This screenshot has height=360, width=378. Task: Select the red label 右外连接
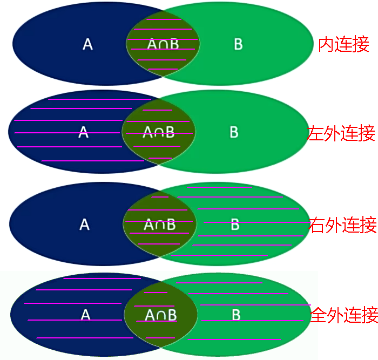(342, 225)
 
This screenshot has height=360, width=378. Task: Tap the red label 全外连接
(344, 315)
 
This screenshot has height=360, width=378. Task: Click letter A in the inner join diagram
(87, 44)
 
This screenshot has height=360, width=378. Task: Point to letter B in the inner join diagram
(238, 44)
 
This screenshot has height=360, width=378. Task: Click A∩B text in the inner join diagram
(163, 44)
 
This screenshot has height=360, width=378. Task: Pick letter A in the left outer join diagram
(83, 132)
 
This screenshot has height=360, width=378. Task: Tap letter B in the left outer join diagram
(234, 132)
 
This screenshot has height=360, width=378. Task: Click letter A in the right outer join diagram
(84, 225)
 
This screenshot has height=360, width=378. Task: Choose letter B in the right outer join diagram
(235, 225)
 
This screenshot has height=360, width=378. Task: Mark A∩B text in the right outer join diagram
(160, 225)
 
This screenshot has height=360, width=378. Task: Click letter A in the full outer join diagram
(85, 315)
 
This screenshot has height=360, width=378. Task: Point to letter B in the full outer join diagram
(236, 315)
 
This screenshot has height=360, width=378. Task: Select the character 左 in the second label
(316, 133)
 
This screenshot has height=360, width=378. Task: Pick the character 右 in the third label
(317, 225)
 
